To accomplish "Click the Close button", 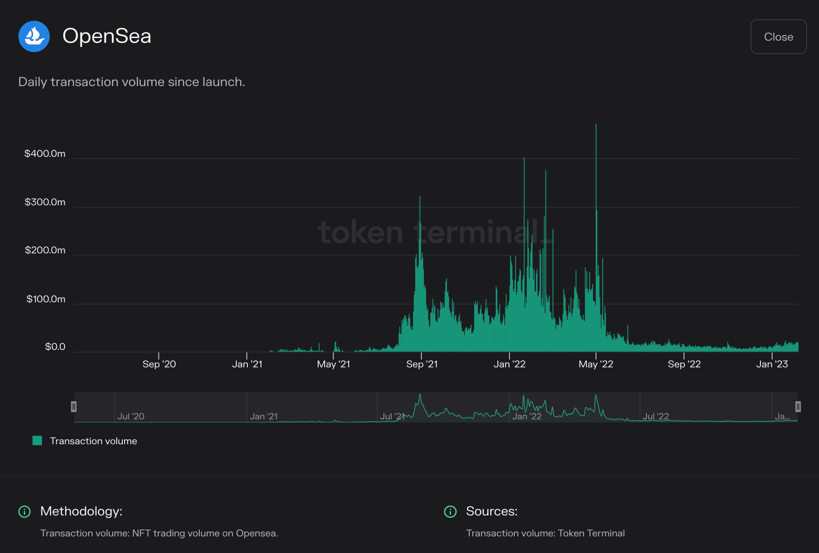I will [x=778, y=37].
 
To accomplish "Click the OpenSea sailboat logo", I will [x=34, y=37].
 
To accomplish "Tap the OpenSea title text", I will [x=107, y=36].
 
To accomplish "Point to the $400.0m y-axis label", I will [x=45, y=154].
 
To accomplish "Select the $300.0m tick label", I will [x=45, y=202].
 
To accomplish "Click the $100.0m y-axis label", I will [x=45, y=299].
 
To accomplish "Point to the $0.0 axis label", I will [x=55, y=347].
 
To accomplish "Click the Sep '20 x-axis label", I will [x=159, y=364].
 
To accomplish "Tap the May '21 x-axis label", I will [x=333, y=364].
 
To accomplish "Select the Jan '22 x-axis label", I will [x=509, y=364].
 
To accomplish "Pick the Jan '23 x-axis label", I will [x=772, y=364].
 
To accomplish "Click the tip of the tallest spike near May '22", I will [x=596, y=125].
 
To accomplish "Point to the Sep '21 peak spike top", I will [x=420, y=197].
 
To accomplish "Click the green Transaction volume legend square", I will [x=38, y=441].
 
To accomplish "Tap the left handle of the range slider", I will [x=74, y=407].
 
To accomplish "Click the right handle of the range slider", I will [x=798, y=407].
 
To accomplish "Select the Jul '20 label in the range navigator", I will [x=131, y=416].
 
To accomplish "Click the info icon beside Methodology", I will [x=24, y=512].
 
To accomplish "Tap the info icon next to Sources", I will [x=450, y=512].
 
